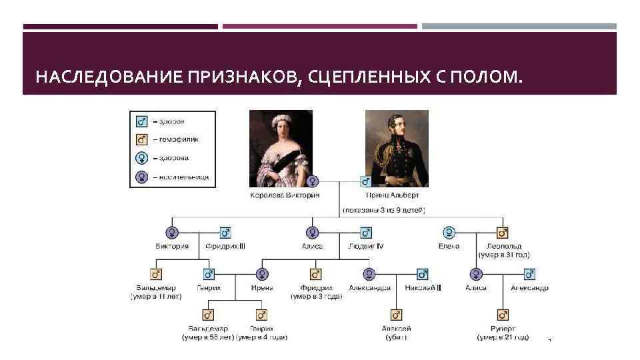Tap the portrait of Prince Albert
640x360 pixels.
397,148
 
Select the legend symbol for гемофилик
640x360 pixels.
141,139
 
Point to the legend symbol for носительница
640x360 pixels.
141,177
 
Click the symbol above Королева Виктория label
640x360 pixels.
312,181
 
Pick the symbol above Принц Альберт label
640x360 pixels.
365,181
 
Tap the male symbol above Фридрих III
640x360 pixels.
225,233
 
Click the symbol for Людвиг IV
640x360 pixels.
365,233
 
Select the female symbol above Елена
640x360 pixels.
449,233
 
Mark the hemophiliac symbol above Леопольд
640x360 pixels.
503,233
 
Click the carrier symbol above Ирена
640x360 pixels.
262,274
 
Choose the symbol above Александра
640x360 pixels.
369,274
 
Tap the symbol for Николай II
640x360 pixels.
422,274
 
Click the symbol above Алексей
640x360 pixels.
396,315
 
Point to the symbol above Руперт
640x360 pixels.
503,315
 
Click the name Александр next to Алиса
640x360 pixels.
529,288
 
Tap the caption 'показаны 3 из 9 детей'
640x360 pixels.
384,210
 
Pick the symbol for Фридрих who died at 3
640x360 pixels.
316,274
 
